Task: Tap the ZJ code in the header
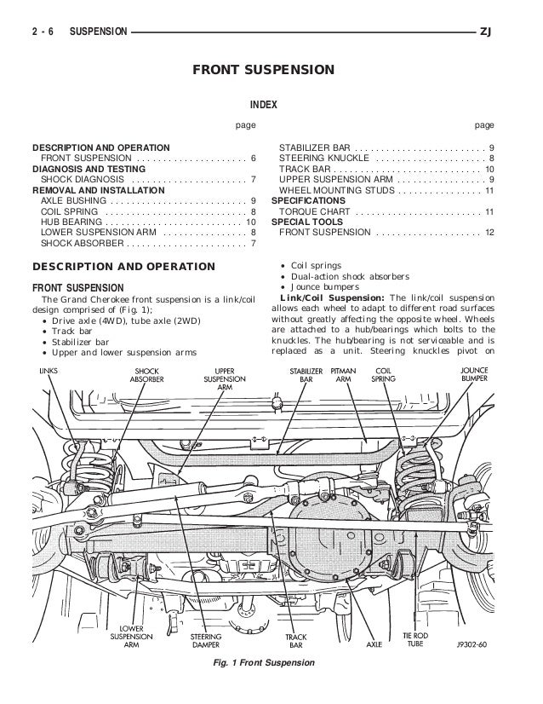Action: [x=486, y=32]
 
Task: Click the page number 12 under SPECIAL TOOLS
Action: [x=489, y=232]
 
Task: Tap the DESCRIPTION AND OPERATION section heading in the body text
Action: [x=123, y=267]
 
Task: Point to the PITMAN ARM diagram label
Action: [x=344, y=376]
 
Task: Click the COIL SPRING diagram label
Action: [x=384, y=376]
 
